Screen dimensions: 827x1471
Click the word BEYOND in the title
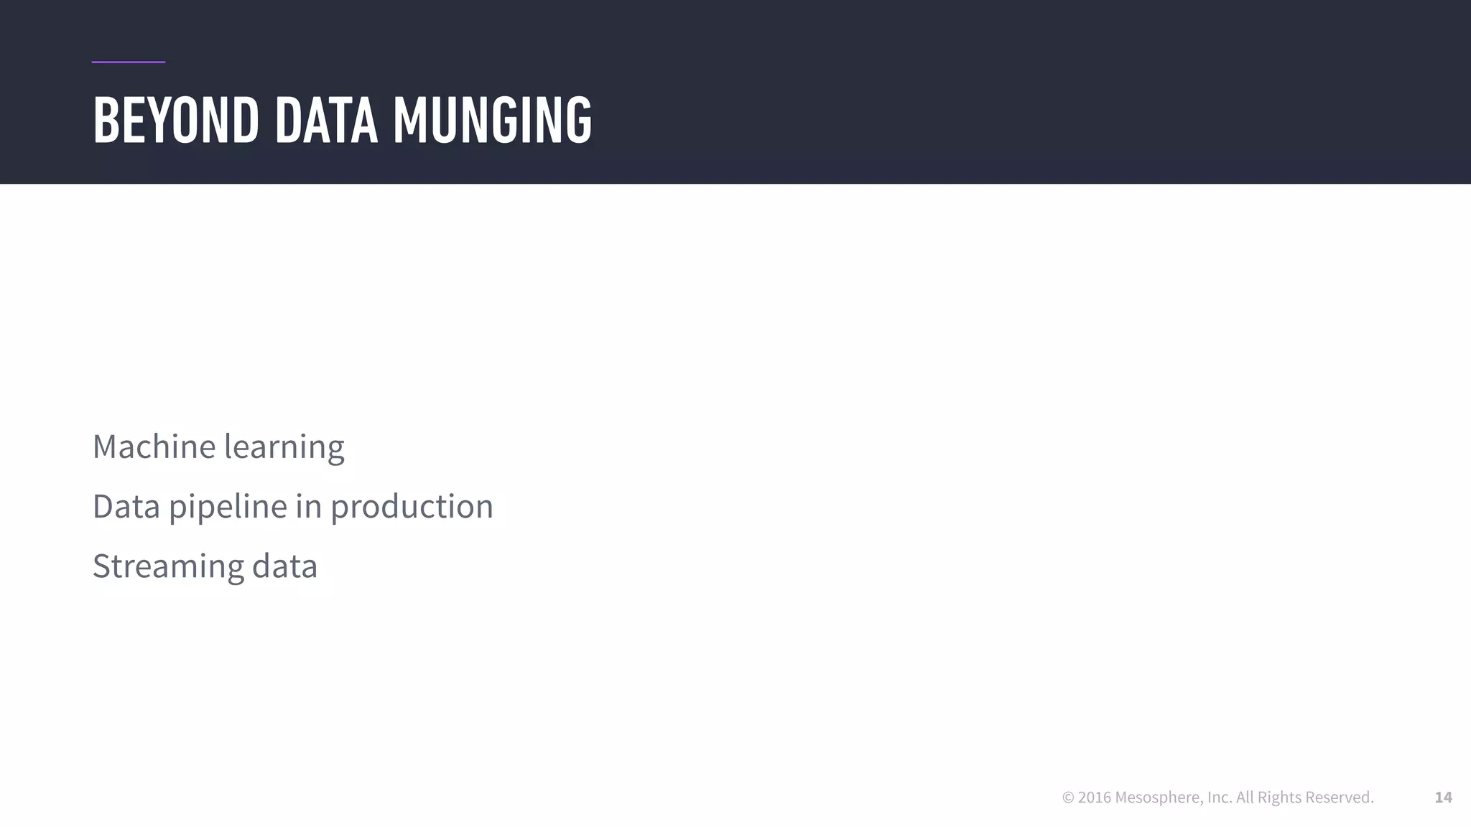pyautogui.click(x=175, y=121)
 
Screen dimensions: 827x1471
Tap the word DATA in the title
pyautogui.click(x=326, y=121)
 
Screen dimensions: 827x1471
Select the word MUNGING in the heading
pyautogui.click(x=492, y=121)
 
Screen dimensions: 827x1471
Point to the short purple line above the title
pyautogui.click(x=129, y=62)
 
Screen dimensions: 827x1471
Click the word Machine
pyautogui.click(x=154, y=447)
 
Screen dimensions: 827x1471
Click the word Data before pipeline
pyautogui.click(x=126, y=506)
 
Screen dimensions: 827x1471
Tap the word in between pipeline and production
pyautogui.click(x=308, y=506)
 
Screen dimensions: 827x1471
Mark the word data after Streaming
pyautogui.click(x=284, y=566)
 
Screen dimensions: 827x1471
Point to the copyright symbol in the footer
pyautogui.click(x=1068, y=798)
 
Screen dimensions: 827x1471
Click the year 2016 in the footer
pyautogui.click(x=1094, y=798)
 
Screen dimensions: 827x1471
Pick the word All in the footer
pyautogui.click(x=1245, y=798)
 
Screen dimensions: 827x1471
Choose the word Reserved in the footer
pyautogui.click(x=1339, y=798)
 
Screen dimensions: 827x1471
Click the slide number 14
pyautogui.click(x=1443, y=798)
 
